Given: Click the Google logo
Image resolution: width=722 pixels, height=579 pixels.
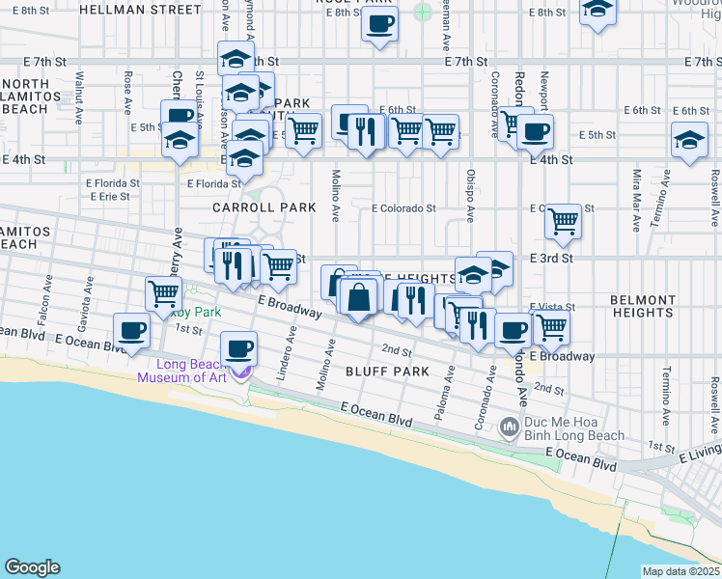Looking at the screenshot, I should (x=32, y=567).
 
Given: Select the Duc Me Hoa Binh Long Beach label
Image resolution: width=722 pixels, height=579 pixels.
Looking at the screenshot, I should (x=574, y=428).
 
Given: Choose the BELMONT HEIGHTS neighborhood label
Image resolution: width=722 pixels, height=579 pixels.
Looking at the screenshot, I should (x=643, y=307).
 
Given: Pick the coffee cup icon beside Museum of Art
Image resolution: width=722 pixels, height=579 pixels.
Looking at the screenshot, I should (x=237, y=348).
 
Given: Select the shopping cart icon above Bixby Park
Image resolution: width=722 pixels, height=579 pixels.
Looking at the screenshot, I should (x=163, y=292).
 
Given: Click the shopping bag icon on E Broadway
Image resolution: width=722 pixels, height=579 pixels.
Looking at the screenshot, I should (x=358, y=296).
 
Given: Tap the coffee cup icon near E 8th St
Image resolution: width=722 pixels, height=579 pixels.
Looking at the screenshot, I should (x=379, y=23).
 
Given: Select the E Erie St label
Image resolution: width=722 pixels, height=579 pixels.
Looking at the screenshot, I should (x=110, y=196).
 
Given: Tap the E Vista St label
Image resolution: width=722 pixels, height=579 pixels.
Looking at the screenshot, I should (x=551, y=307).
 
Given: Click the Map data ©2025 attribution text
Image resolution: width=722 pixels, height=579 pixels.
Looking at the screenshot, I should (x=680, y=571).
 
